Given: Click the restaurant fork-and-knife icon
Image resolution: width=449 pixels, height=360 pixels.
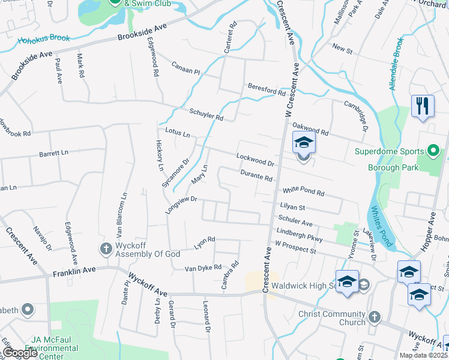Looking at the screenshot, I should pyautogui.click(x=423, y=107).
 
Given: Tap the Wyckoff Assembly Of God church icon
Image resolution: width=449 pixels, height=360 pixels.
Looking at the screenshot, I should pyautogui.click(x=106, y=248).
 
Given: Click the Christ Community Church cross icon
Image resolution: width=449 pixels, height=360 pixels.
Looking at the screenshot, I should pyautogui.click(x=374, y=316).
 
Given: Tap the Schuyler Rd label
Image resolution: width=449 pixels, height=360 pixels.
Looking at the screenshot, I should pyautogui.click(x=206, y=114).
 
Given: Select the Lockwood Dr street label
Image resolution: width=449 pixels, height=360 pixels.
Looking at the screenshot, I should pyautogui.click(x=255, y=160).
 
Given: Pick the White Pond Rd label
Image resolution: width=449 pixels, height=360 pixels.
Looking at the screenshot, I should pyautogui.click(x=303, y=191).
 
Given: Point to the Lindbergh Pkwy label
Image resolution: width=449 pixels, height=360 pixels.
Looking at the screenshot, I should pyautogui.click(x=300, y=235).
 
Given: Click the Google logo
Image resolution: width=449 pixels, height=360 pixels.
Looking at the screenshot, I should pyautogui.click(x=20, y=353).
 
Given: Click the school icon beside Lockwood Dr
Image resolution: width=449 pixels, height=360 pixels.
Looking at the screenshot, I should pyautogui.click(x=304, y=144).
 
